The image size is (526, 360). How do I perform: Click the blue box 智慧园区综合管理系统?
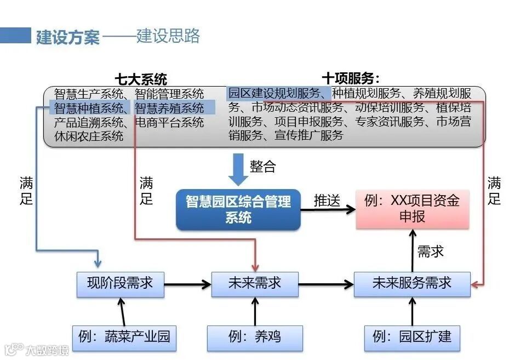click(x=238, y=209)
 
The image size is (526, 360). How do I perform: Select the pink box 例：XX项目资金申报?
click(x=412, y=209)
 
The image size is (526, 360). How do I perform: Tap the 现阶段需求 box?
click(x=120, y=284)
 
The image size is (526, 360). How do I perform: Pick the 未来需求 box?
click(x=255, y=284)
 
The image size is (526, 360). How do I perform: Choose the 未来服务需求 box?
click(x=411, y=284)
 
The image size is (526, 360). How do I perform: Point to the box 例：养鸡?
click(x=255, y=336)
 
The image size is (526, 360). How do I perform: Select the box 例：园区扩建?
click(x=412, y=336)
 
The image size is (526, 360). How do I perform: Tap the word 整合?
click(x=263, y=167)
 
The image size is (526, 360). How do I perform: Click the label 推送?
click(x=327, y=201)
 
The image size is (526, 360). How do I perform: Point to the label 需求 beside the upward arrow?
click(x=431, y=252)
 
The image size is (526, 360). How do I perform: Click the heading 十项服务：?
click(x=351, y=78)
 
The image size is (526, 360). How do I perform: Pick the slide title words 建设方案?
click(x=68, y=38)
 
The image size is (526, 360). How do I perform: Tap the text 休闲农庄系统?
click(x=89, y=136)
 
